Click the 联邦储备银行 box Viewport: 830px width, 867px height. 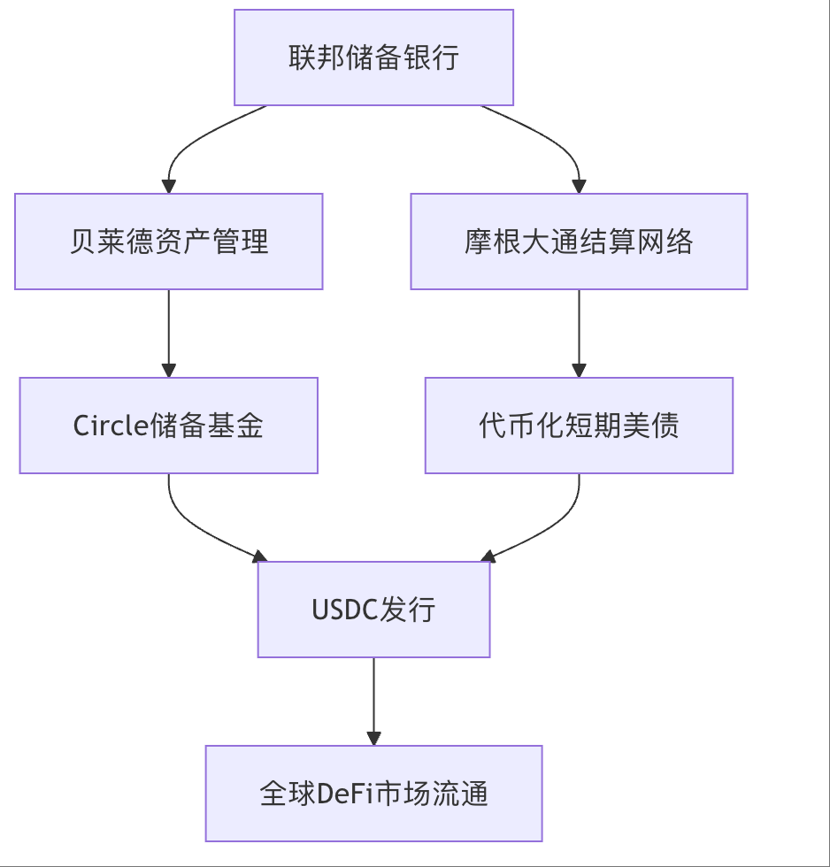pos(373,58)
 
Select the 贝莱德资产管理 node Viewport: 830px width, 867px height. pos(168,242)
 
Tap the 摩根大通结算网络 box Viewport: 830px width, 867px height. pos(579,242)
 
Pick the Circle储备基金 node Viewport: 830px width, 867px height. pos(168,426)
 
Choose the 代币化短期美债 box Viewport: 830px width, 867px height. pos(579,426)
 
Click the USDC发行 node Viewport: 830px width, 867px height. pos(373,610)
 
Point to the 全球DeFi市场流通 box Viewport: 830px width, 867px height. pos(373,794)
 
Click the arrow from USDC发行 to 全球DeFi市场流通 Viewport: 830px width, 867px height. pos(373,699)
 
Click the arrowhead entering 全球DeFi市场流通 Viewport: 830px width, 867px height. pos(373,737)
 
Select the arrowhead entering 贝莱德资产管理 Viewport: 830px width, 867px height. pos(168,185)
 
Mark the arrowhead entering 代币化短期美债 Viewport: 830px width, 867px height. pos(579,369)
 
